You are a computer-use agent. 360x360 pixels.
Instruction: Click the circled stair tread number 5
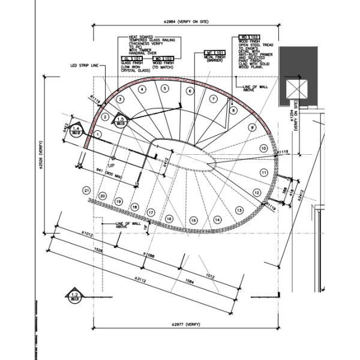pos(164,88)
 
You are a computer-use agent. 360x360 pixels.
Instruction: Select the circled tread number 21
pos(87,190)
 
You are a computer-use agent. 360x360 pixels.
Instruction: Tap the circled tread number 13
pos(239,210)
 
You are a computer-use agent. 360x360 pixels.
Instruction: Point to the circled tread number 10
pos(263,148)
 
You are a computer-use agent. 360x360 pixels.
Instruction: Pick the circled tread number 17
pos(151,212)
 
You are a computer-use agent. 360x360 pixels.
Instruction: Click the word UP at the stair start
pos(111,164)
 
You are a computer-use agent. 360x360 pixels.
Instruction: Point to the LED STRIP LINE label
pos(83,66)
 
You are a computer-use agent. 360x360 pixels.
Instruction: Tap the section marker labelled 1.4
pos(76,130)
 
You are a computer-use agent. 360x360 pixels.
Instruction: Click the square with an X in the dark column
pos(296,89)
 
